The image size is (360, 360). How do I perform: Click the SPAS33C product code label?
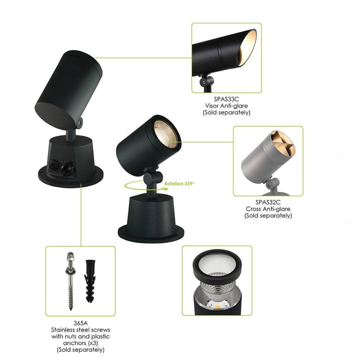pyautogui.click(x=226, y=99)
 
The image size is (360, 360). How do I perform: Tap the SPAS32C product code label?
pyautogui.click(x=268, y=202)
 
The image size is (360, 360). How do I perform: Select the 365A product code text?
pyautogui.click(x=81, y=323)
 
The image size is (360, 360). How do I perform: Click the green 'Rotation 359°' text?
pyautogui.click(x=179, y=184)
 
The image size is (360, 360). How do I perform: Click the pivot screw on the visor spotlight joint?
pyautogui.click(x=204, y=82)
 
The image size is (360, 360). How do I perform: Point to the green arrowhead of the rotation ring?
pyautogui.click(x=165, y=189)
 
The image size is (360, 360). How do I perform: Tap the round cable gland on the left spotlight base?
pyautogui.click(x=68, y=169)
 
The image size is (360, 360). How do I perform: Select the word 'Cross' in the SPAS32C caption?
pyautogui.click(x=253, y=209)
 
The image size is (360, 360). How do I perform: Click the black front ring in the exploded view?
pyautogui.click(x=217, y=266)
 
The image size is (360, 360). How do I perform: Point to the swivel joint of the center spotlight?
pyautogui.click(x=152, y=177)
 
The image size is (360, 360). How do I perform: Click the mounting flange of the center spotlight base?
pyautogui.click(x=151, y=234)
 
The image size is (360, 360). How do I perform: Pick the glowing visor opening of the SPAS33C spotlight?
pyautogui.click(x=246, y=48)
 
